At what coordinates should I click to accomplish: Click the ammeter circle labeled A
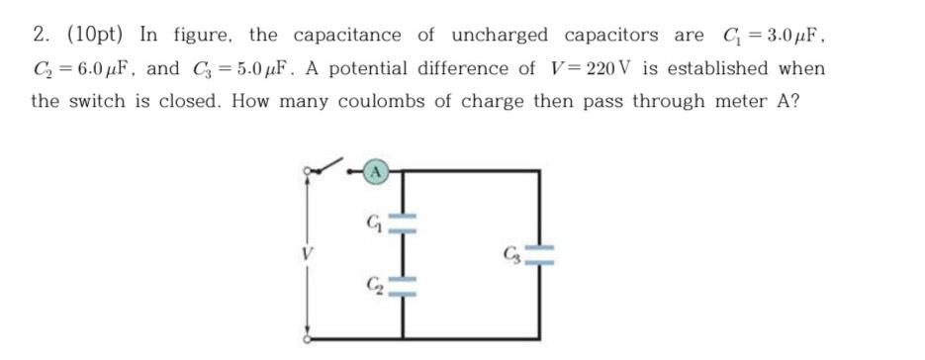(376, 172)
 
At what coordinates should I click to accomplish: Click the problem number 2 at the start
(42, 36)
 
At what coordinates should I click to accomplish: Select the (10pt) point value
(97, 36)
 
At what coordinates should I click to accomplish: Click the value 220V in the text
(593, 69)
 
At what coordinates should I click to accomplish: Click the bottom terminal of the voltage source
(308, 337)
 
